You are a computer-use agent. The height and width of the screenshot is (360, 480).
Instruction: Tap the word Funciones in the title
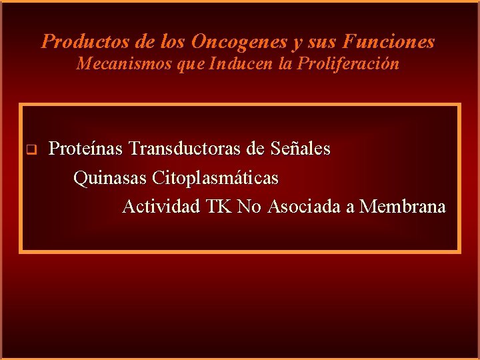389,42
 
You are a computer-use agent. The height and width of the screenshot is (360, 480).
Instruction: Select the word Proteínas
86,148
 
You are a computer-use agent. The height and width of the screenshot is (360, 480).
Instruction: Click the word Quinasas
110,178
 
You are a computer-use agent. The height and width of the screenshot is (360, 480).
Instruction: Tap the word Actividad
161,207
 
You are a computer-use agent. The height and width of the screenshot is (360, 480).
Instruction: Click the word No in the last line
249,207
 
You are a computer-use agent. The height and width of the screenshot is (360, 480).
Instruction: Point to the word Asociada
305,207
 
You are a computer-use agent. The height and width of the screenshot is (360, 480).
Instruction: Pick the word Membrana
403,207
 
